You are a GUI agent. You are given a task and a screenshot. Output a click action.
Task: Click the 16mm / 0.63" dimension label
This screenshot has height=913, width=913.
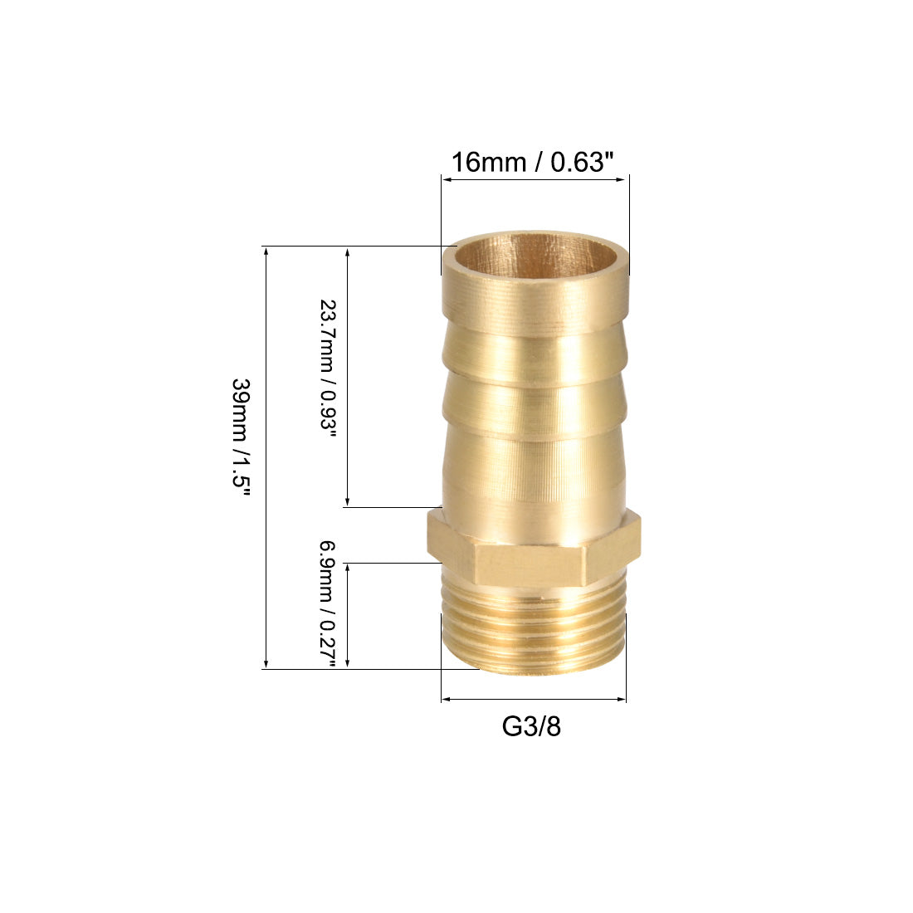pyautogui.click(x=532, y=162)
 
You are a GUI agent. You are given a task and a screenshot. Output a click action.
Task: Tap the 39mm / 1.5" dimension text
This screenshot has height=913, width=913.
pyautogui.click(x=241, y=437)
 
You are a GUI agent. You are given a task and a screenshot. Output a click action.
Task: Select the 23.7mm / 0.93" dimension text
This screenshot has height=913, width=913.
pyautogui.click(x=329, y=373)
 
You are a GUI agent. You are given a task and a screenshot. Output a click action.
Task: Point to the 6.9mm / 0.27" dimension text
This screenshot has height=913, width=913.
pyautogui.click(x=329, y=604)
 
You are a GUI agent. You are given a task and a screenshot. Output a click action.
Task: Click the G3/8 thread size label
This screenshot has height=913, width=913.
pyautogui.click(x=531, y=727)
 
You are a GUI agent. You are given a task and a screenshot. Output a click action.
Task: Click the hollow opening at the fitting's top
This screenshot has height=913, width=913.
pyautogui.click(x=535, y=255)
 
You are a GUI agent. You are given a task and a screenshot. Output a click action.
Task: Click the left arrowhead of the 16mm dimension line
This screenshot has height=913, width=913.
pyautogui.click(x=446, y=179)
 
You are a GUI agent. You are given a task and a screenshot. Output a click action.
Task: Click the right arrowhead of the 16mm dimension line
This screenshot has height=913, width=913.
pyautogui.click(x=625, y=179)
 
